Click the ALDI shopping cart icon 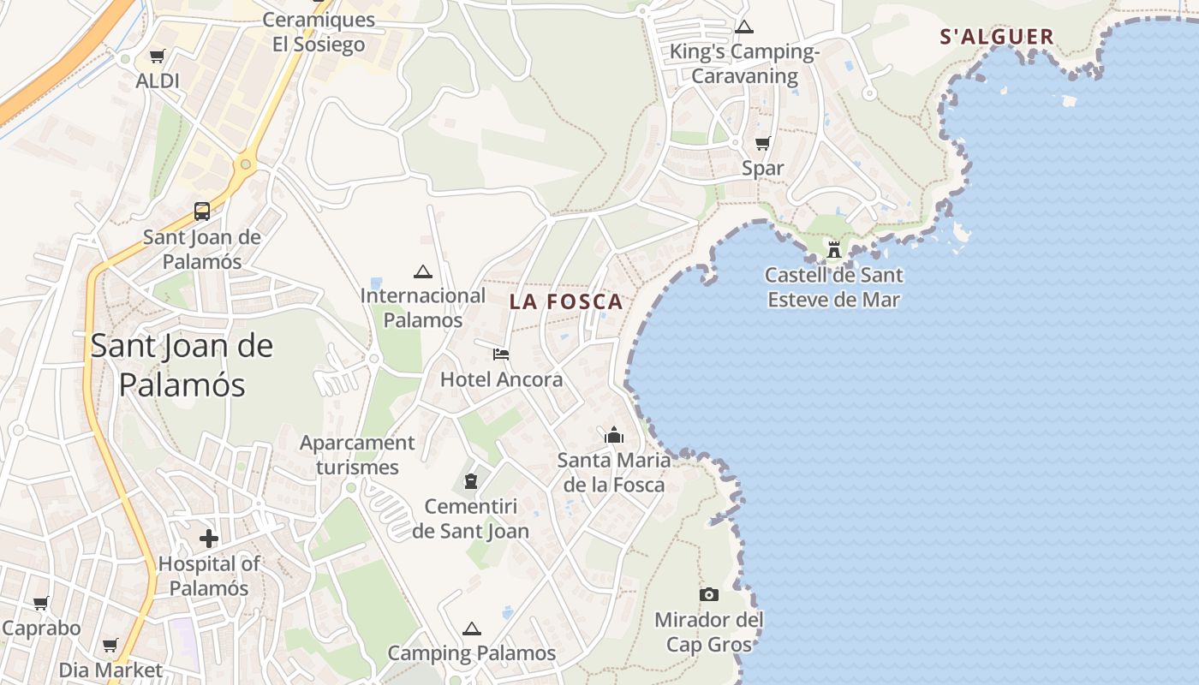pos(157,57)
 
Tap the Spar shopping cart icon pos(762,143)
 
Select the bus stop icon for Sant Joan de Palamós pos(202,211)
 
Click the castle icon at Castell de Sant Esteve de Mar pos(833,250)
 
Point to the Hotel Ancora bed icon pos(501,354)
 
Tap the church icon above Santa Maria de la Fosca pos(613,435)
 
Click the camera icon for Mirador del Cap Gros pos(708,594)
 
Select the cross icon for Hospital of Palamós pos(209,539)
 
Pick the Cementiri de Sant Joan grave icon pos(470,481)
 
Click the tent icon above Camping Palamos pos(471,629)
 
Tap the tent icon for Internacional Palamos pos(422,271)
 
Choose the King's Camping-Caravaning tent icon pos(744,27)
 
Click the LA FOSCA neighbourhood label pos(566,302)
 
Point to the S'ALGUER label pos(997,37)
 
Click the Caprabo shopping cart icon pos(40,603)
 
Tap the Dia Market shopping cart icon pos(110,645)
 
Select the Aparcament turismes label pos(357,455)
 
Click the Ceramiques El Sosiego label pos(319,32)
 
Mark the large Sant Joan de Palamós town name pos(182,365)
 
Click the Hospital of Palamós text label pos(209,576)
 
